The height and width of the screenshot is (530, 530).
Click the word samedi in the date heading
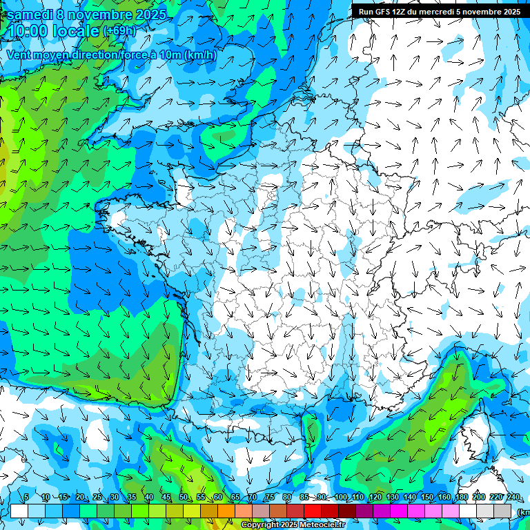click(x=30, y=14)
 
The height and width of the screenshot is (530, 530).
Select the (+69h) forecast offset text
click(x=119, y=31)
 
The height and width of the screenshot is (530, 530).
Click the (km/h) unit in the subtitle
click(x=200, y=55)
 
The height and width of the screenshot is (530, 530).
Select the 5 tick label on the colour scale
click(x=26, y=497)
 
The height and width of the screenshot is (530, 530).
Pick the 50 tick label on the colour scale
click(x=183, y=497)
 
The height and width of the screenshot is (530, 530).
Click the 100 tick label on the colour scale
click(x=340, y=497)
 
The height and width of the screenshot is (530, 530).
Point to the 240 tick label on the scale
click(x=513, y=497)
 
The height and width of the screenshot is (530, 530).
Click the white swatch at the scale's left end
click(x=19, y=511)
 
